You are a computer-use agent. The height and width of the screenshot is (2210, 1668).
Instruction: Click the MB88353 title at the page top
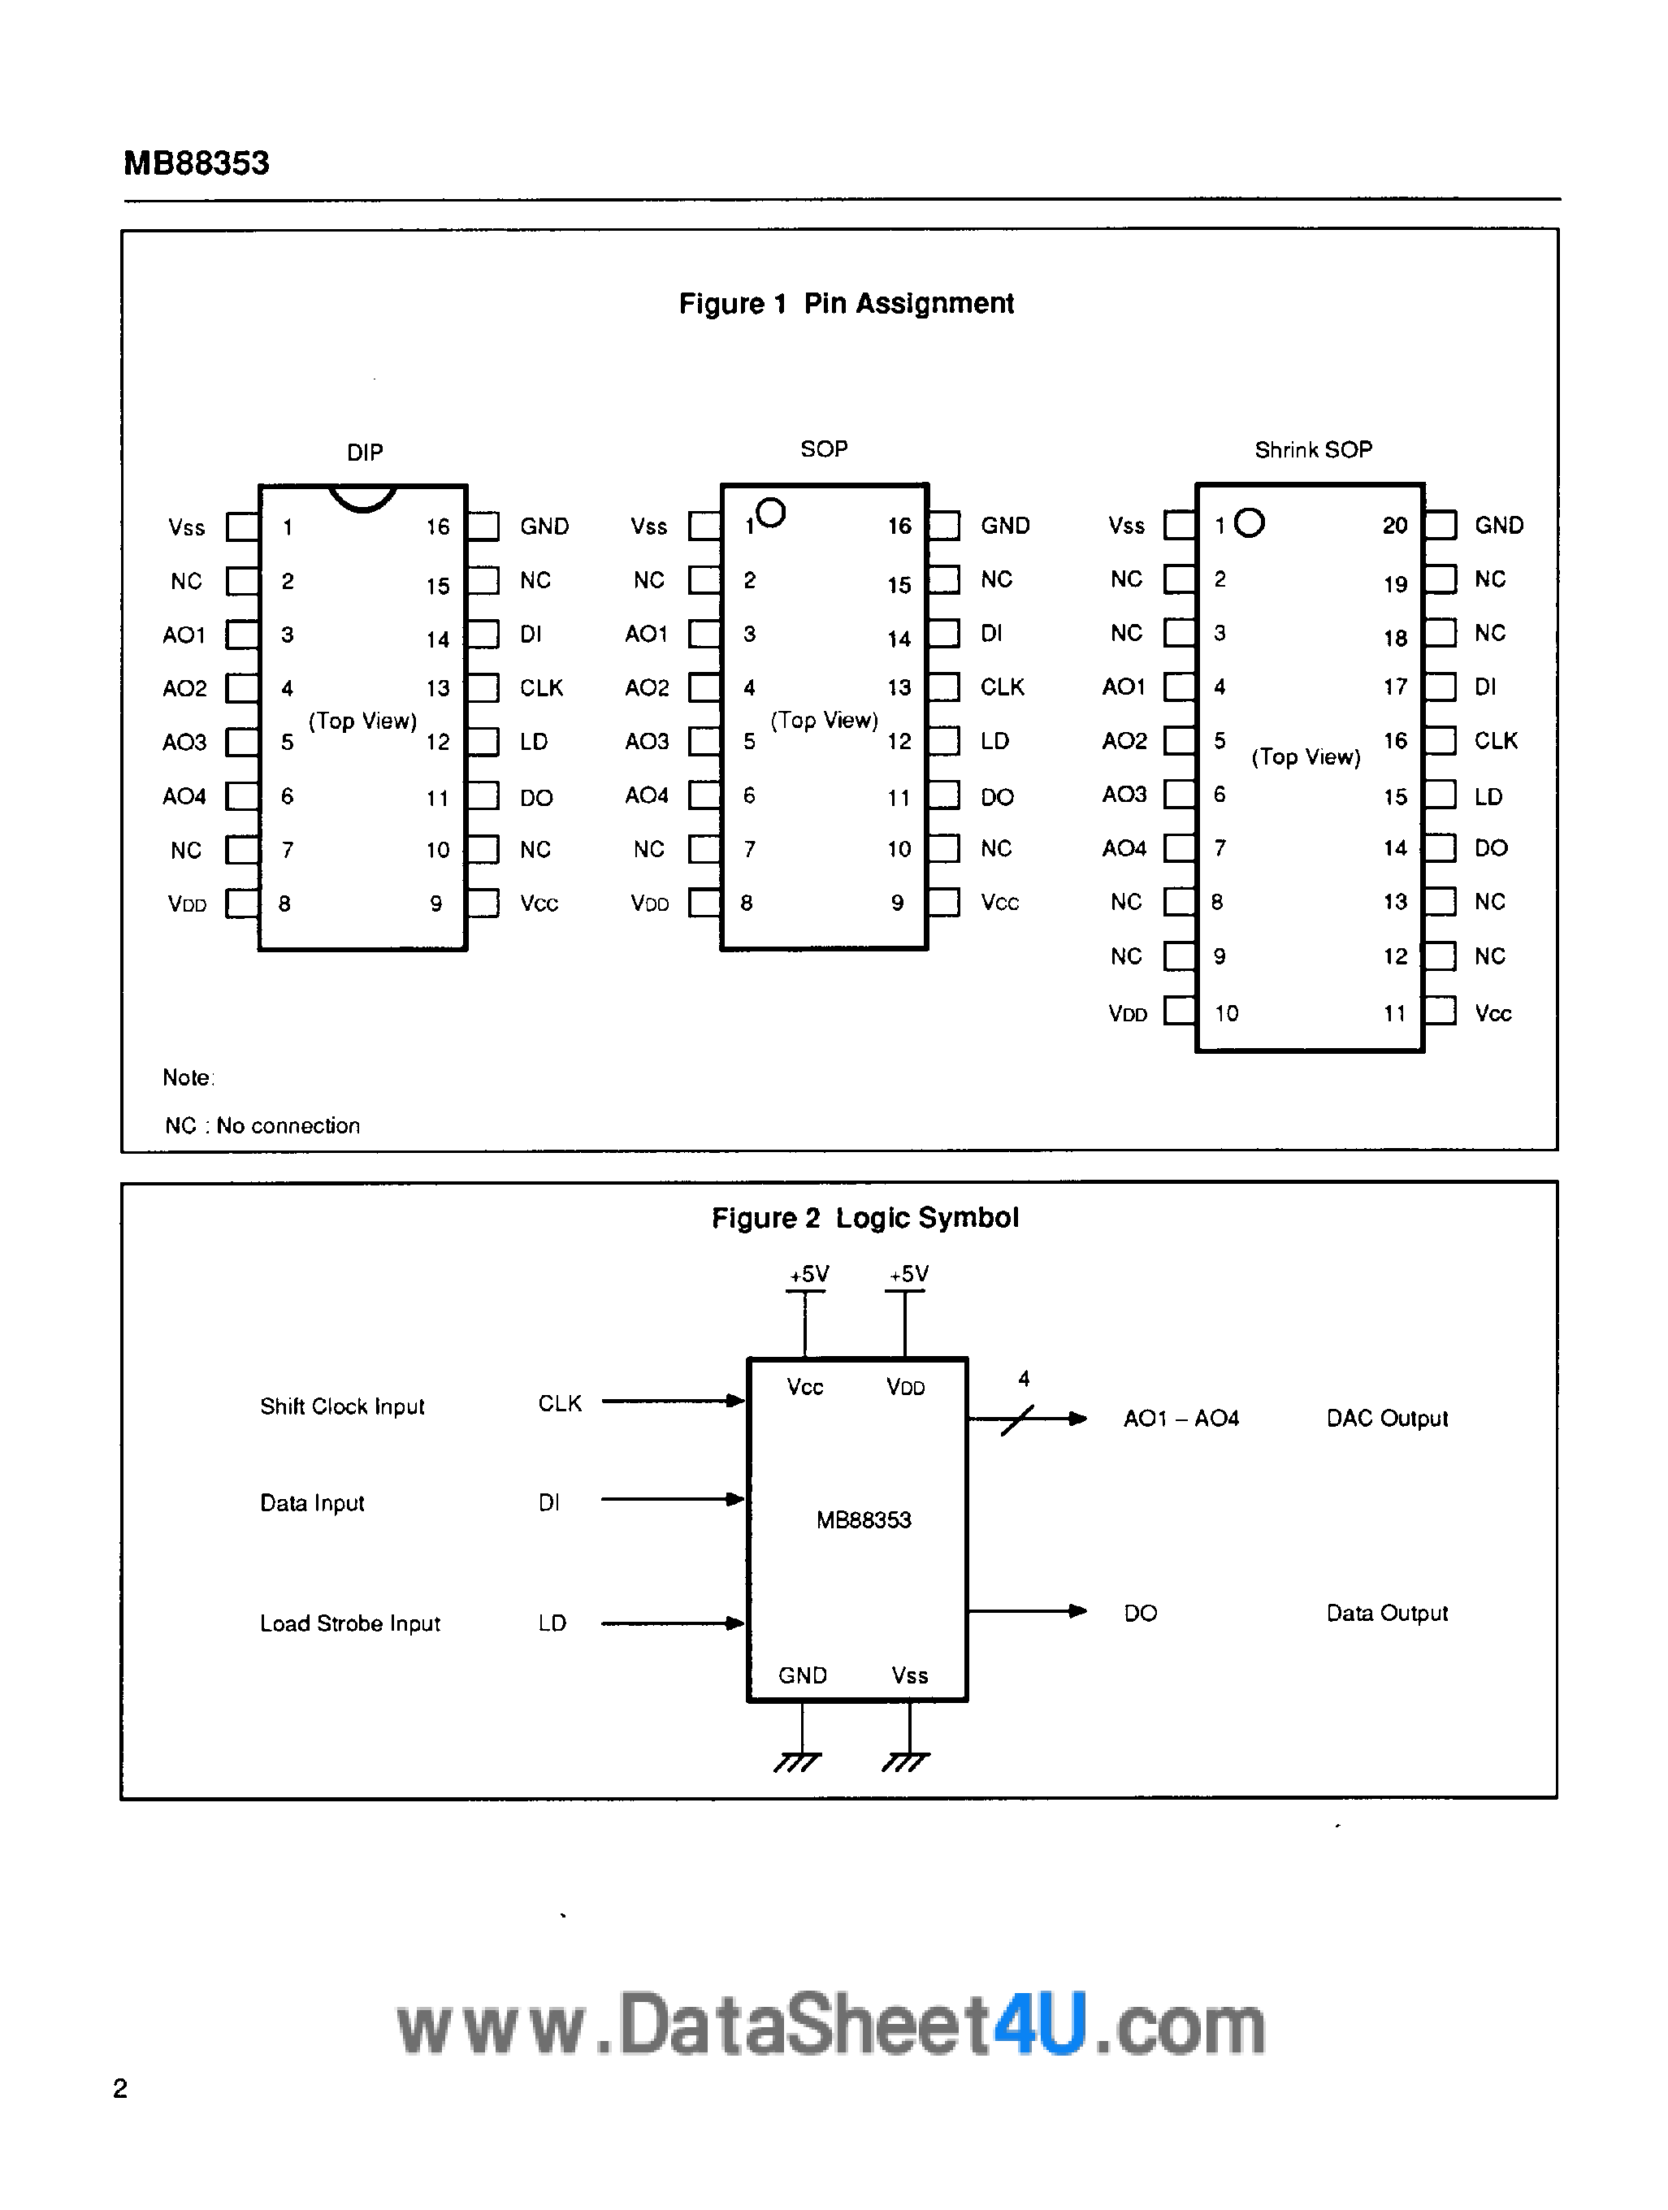[x=196, y=162]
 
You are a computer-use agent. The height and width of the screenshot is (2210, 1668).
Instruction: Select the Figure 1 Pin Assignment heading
[x=846, y=304]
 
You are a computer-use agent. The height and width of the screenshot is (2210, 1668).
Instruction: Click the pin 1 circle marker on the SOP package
[x=771, y=513]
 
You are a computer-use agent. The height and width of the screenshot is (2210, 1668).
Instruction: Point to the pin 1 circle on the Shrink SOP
[x=1250, y=522]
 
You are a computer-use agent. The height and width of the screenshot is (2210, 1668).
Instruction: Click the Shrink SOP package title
[x=1312, y=451]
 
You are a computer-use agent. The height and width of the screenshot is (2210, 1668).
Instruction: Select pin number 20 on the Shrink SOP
[x=1394, y=526]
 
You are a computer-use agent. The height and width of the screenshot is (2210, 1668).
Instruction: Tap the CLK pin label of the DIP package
[x=541, y=688]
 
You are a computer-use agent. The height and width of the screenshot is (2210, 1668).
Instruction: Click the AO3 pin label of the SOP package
[x=646, y=741]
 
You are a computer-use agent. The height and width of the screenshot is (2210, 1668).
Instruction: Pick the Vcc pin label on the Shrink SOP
[x=1493, y=1014]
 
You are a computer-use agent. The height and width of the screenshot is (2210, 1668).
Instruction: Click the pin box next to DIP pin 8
[x=242, y=903]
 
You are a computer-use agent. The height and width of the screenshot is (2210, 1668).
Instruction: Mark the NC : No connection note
[x=262, y=1126]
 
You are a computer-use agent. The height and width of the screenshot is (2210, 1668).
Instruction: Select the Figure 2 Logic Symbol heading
[x=865, y=1218]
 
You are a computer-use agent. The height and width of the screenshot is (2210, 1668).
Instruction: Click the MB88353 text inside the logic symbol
[x=863, y=1519]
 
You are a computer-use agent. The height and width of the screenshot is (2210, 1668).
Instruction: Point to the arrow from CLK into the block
[x=674, y=1401]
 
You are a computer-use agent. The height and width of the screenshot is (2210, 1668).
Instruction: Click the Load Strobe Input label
[x=349, y=1623]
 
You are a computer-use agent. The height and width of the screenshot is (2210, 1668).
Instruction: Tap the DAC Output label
[x=1386, y=1419]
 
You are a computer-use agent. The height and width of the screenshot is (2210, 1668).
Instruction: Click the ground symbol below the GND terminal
[x=798, y=1762]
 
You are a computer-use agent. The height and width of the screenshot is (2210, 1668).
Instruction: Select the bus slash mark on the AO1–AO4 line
[x=1016, y=1419]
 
